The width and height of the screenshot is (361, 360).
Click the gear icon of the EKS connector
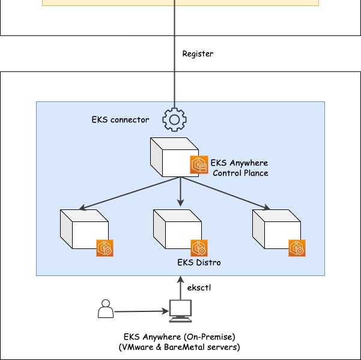pos(174,120)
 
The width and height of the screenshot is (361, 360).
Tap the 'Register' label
pos(198,54)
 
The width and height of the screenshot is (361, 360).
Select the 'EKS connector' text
pos(120,119)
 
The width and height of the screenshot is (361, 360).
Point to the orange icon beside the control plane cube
pos(199,164)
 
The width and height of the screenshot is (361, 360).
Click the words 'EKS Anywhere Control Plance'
pos(239,168)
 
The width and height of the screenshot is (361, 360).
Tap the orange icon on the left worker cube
pos(105,247)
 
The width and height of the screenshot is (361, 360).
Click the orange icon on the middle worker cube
pos(199,247)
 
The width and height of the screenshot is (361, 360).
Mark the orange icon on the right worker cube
pos(297,247)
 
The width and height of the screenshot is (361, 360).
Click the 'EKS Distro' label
pos(198,263)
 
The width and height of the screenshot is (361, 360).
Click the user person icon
pos(105,309)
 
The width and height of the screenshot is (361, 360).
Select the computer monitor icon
pos(180,310)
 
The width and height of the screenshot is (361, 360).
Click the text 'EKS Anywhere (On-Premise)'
pos(179,337)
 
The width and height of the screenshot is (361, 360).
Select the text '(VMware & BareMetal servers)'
pos(179,347)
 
